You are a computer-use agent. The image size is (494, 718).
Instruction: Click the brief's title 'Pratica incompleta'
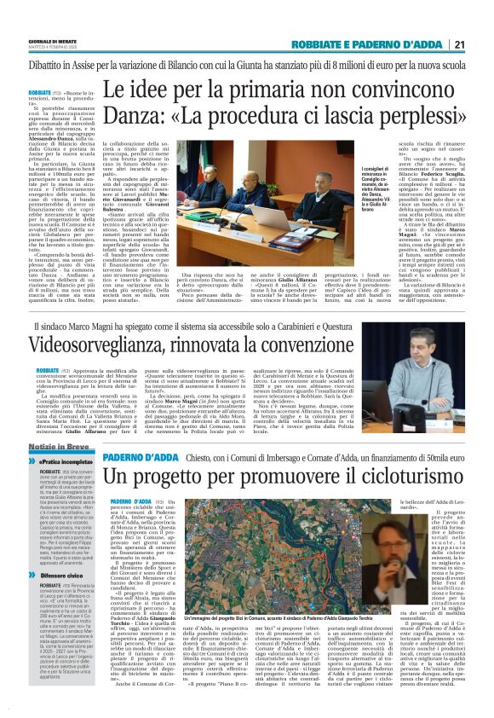tap(64, 460)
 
